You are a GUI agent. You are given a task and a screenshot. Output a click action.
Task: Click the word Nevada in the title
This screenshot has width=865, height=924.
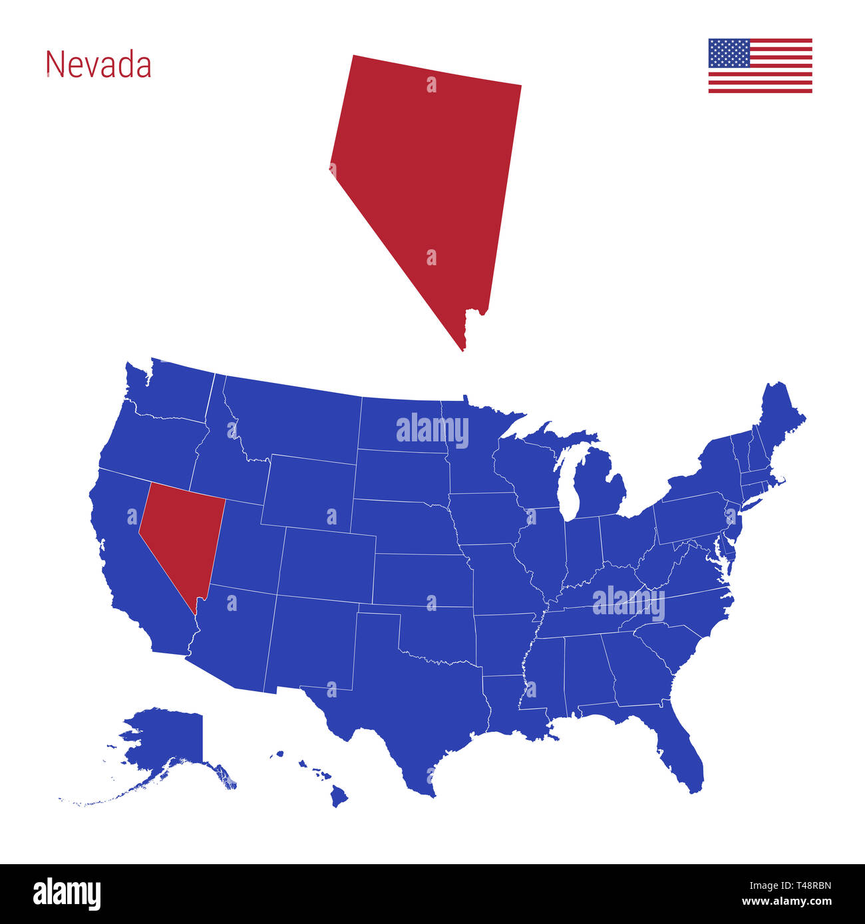pos(98,65)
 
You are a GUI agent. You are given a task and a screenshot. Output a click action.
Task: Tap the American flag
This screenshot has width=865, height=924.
pos(760,66)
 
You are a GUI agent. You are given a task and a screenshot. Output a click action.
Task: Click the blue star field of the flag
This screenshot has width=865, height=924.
pos(729,53)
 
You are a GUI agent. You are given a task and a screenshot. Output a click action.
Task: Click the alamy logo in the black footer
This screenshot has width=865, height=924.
pos(67,893)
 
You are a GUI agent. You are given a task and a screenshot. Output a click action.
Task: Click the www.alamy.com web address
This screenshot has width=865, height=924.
pos(786,902)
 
